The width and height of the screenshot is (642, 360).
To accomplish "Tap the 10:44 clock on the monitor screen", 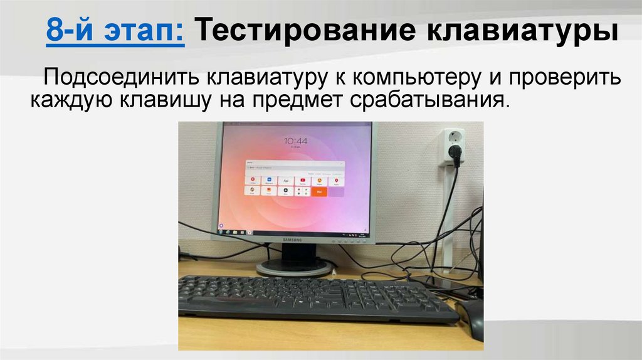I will [x=295, y=141].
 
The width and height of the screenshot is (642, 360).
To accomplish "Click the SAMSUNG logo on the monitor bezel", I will [x=293, y=239].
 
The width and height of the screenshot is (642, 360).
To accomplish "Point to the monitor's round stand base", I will [x=294, y=268].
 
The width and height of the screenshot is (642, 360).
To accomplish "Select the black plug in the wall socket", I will [x=456, y=153].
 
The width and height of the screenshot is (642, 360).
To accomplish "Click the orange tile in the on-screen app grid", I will [x=320, y=191].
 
